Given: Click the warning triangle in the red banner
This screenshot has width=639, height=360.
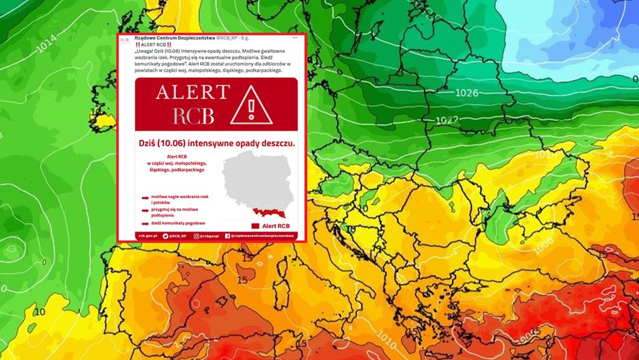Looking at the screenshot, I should pos(252,105).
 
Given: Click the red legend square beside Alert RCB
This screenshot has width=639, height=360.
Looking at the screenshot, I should pos(255,225).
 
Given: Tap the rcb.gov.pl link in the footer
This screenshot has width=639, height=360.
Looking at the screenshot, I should pos(147,236).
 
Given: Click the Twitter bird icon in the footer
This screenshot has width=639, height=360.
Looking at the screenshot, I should pos(165,236).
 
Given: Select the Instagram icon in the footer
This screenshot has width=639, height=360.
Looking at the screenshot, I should pos(197,236).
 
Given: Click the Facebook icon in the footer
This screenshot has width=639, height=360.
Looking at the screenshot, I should pos(227,236).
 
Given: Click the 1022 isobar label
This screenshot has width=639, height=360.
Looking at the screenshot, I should pos(446,120).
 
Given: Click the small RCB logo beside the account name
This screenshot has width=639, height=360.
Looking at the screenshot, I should pos(124,40).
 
